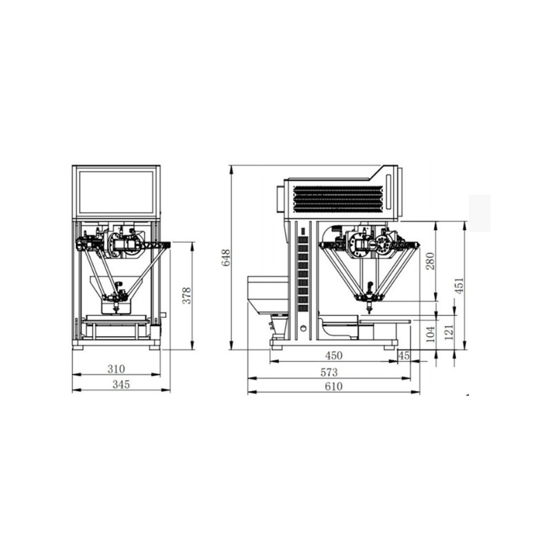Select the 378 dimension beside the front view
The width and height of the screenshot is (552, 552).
coord(186,295)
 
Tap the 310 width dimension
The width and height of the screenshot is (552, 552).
coord(116,369)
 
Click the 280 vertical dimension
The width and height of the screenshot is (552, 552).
coord(431,262)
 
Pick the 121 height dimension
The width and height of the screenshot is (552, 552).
coord(449,333)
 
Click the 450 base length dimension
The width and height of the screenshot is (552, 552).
coord(334,355)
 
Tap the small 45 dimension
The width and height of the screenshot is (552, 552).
coord(404,355)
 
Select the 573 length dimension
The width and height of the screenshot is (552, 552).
coord(329,373)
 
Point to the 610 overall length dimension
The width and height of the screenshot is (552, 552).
coord(333,386)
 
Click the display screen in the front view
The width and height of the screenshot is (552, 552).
coord(117,191)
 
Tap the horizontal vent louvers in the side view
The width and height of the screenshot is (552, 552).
coord(336,199)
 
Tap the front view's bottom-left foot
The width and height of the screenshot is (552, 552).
coord(78,346)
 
